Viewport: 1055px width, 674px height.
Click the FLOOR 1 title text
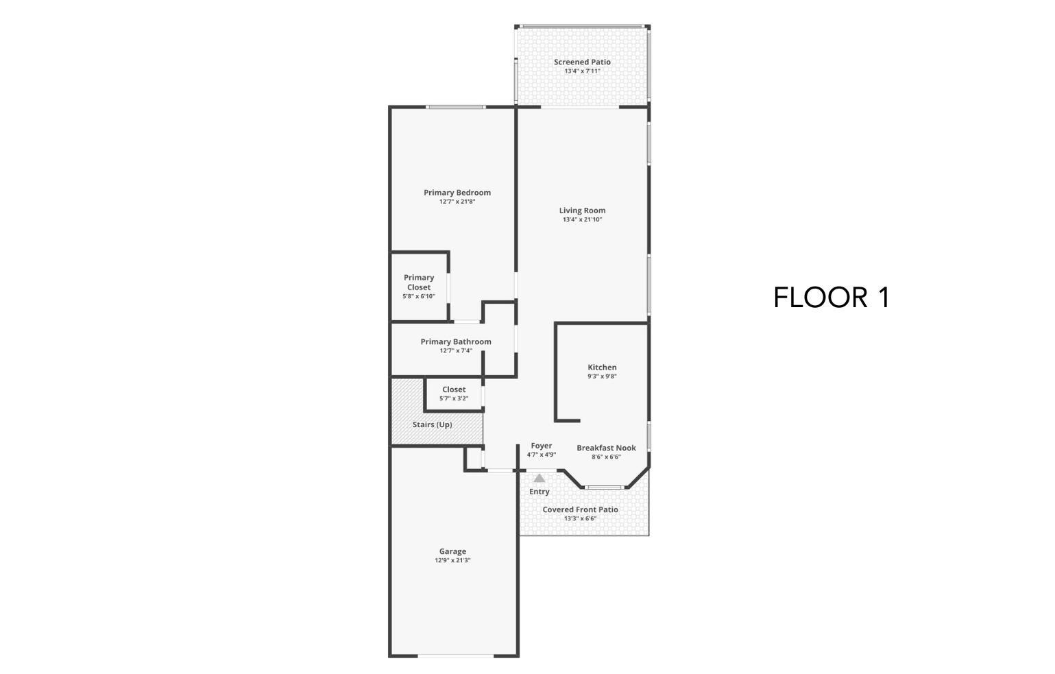click(x=831, y=298)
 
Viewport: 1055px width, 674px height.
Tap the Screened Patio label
click(x=582, y=62)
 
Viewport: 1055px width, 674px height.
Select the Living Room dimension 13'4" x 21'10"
click(x=582, y=220)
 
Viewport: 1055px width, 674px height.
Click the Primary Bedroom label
click(x=457, y=193)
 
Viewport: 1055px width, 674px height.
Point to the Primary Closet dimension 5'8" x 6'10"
click(x=418, y=297)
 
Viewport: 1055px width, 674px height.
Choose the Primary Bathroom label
click(x=456, y=341)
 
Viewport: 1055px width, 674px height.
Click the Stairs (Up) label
click(x=432, y=424)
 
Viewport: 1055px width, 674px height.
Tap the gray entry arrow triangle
click(x=539, y=478)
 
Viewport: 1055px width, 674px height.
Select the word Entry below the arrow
click(x=539, y=492)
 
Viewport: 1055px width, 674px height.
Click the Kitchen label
click(x=602, y=368)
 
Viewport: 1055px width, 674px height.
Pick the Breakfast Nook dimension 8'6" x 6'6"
click(x=606, y=457)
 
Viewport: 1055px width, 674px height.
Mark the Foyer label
click(x=541, y=446)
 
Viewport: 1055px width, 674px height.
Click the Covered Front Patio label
click(x=580, y=509)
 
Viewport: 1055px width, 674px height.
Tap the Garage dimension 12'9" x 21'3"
click(x=452, y=561)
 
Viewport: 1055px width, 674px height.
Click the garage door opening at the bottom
click(x=455, y=656)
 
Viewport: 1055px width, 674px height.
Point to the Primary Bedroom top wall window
click(x=456, y=107)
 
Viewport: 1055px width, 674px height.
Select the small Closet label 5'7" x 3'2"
click(x=454, y=389)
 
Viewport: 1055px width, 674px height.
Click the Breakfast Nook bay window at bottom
click(x=604, y=488)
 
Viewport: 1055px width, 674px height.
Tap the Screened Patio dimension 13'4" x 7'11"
click(x=582, y=71)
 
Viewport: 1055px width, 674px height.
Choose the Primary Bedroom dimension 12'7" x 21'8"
click(x=457, y=202)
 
